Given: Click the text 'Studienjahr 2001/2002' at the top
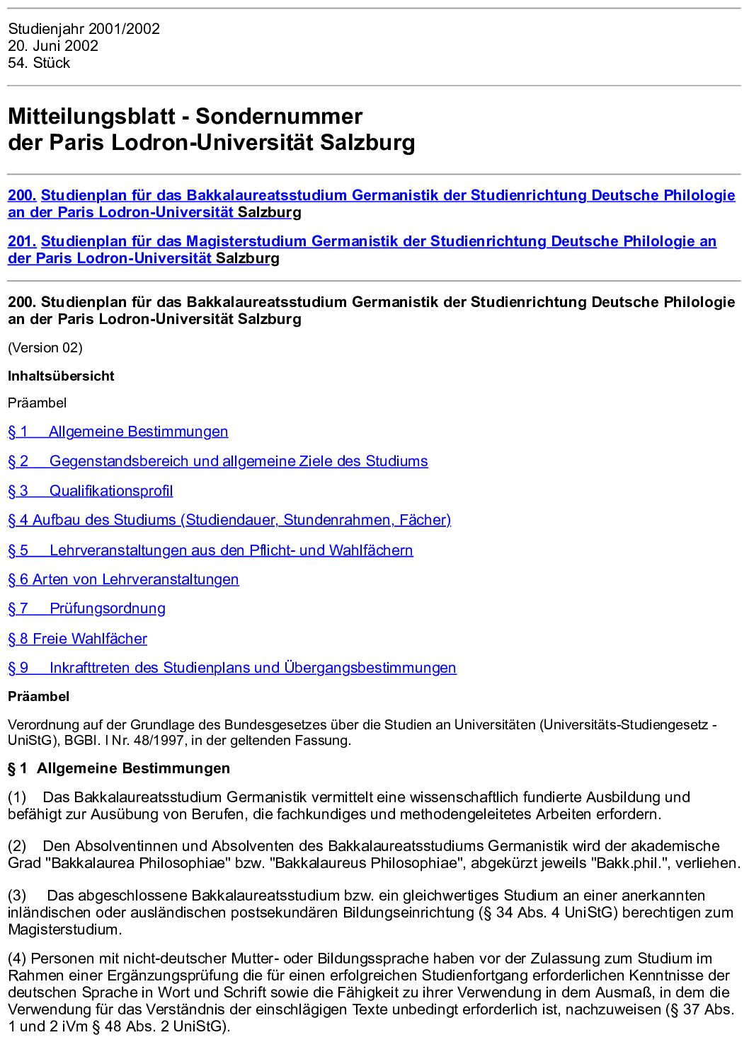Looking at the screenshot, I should [x=84, y=29].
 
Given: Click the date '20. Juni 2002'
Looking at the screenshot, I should [x=53, y=46].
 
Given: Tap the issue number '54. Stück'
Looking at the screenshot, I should [x=39, y=63].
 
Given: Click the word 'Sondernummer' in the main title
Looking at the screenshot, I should [x=279, y=116].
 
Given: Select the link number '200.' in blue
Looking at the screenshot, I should [x=22, y=195].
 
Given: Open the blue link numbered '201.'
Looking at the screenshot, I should [x=22, y=241].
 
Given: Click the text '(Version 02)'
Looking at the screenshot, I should [x=45, y=347].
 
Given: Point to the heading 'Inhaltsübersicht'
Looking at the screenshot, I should [x=61, y=376].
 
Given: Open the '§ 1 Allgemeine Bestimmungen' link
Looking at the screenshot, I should [x=118, y=432].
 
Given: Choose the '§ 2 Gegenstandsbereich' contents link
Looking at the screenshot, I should [x=218, y=461].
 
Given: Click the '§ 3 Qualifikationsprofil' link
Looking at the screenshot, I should [x=91, y=491].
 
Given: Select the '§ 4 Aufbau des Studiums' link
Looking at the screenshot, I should [x=229, y=520].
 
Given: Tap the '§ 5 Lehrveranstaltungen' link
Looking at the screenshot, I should [x=210, y=550].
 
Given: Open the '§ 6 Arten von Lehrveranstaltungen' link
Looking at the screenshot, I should [x=123, y=579].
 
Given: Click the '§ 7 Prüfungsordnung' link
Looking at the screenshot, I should [x=86, y=608].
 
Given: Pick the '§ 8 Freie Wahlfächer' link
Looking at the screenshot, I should [x=78, y=639].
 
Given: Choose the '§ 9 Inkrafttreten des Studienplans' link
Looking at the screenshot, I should [x=232, y=668].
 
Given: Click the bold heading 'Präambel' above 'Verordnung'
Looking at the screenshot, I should [x=39, y=696].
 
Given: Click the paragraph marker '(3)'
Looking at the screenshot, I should [x=17, y=896].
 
